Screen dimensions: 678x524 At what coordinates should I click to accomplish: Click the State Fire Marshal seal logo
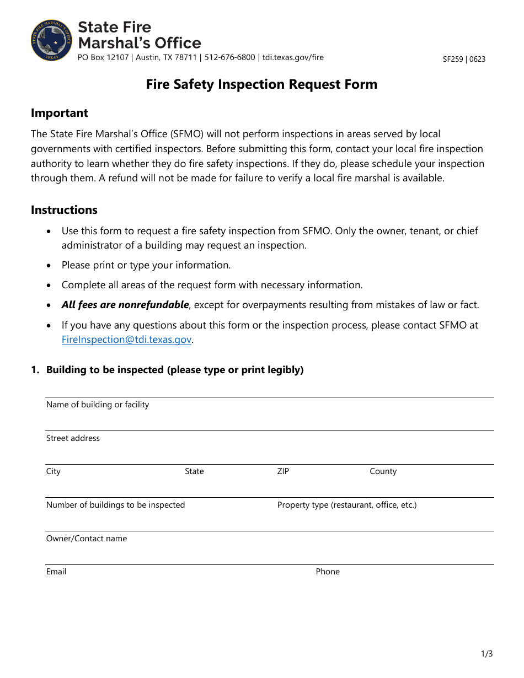tap(52, 40)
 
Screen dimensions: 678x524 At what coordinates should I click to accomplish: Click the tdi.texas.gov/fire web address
tap(293, 57)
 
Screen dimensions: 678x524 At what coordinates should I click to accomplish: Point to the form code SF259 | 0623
tap(464, 59)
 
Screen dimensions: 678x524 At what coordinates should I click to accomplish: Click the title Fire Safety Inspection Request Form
tap(261, 84)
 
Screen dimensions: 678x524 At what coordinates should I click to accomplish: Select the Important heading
tap(59, 113)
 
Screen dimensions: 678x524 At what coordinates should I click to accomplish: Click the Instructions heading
tap(64, 210)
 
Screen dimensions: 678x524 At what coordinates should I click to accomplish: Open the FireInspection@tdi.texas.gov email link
tap(126, 340)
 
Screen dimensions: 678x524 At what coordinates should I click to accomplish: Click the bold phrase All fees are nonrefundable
tap(125, 305)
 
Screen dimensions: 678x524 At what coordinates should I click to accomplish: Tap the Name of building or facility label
tap(98, 405)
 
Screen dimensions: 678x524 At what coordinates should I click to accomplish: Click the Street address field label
tap(73, 438)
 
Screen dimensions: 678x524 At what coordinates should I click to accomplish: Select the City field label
tap(53, 471)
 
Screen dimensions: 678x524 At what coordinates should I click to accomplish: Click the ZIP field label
tap(283, 471)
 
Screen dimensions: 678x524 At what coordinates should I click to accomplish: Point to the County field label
tap(383, 471)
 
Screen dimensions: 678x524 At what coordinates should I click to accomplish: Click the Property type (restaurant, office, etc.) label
tap(346, 505)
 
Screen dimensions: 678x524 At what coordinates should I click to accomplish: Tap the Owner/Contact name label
tap(87, 539)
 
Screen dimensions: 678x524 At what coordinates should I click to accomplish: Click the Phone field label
tap(328, 572)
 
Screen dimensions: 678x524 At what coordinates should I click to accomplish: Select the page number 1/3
tap(486, 654)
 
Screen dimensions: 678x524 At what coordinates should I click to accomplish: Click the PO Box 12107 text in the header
tap(103, 57)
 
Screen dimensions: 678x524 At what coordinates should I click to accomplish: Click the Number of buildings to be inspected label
tap(115, 505)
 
